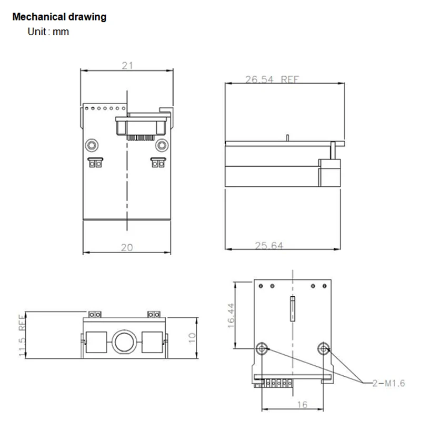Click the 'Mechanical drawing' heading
coord(59,17)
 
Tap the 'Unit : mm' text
coord(48,32)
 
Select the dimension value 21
coord(127,65)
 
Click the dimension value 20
coord(127,247)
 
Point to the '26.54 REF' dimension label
coord(272,79)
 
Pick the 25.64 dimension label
coord(269,246)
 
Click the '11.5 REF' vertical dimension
coord(22,336)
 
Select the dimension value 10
coord(192,338)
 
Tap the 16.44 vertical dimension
coord(231,316)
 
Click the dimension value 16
coord(302,405)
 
